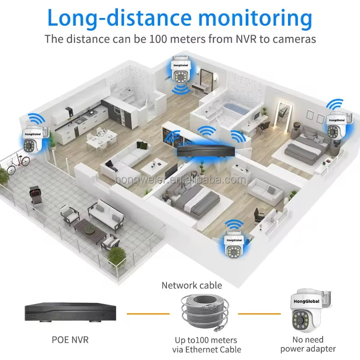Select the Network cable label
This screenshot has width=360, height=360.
[x=192, y=285]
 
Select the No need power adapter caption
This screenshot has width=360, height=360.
[x=308, y=344]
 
